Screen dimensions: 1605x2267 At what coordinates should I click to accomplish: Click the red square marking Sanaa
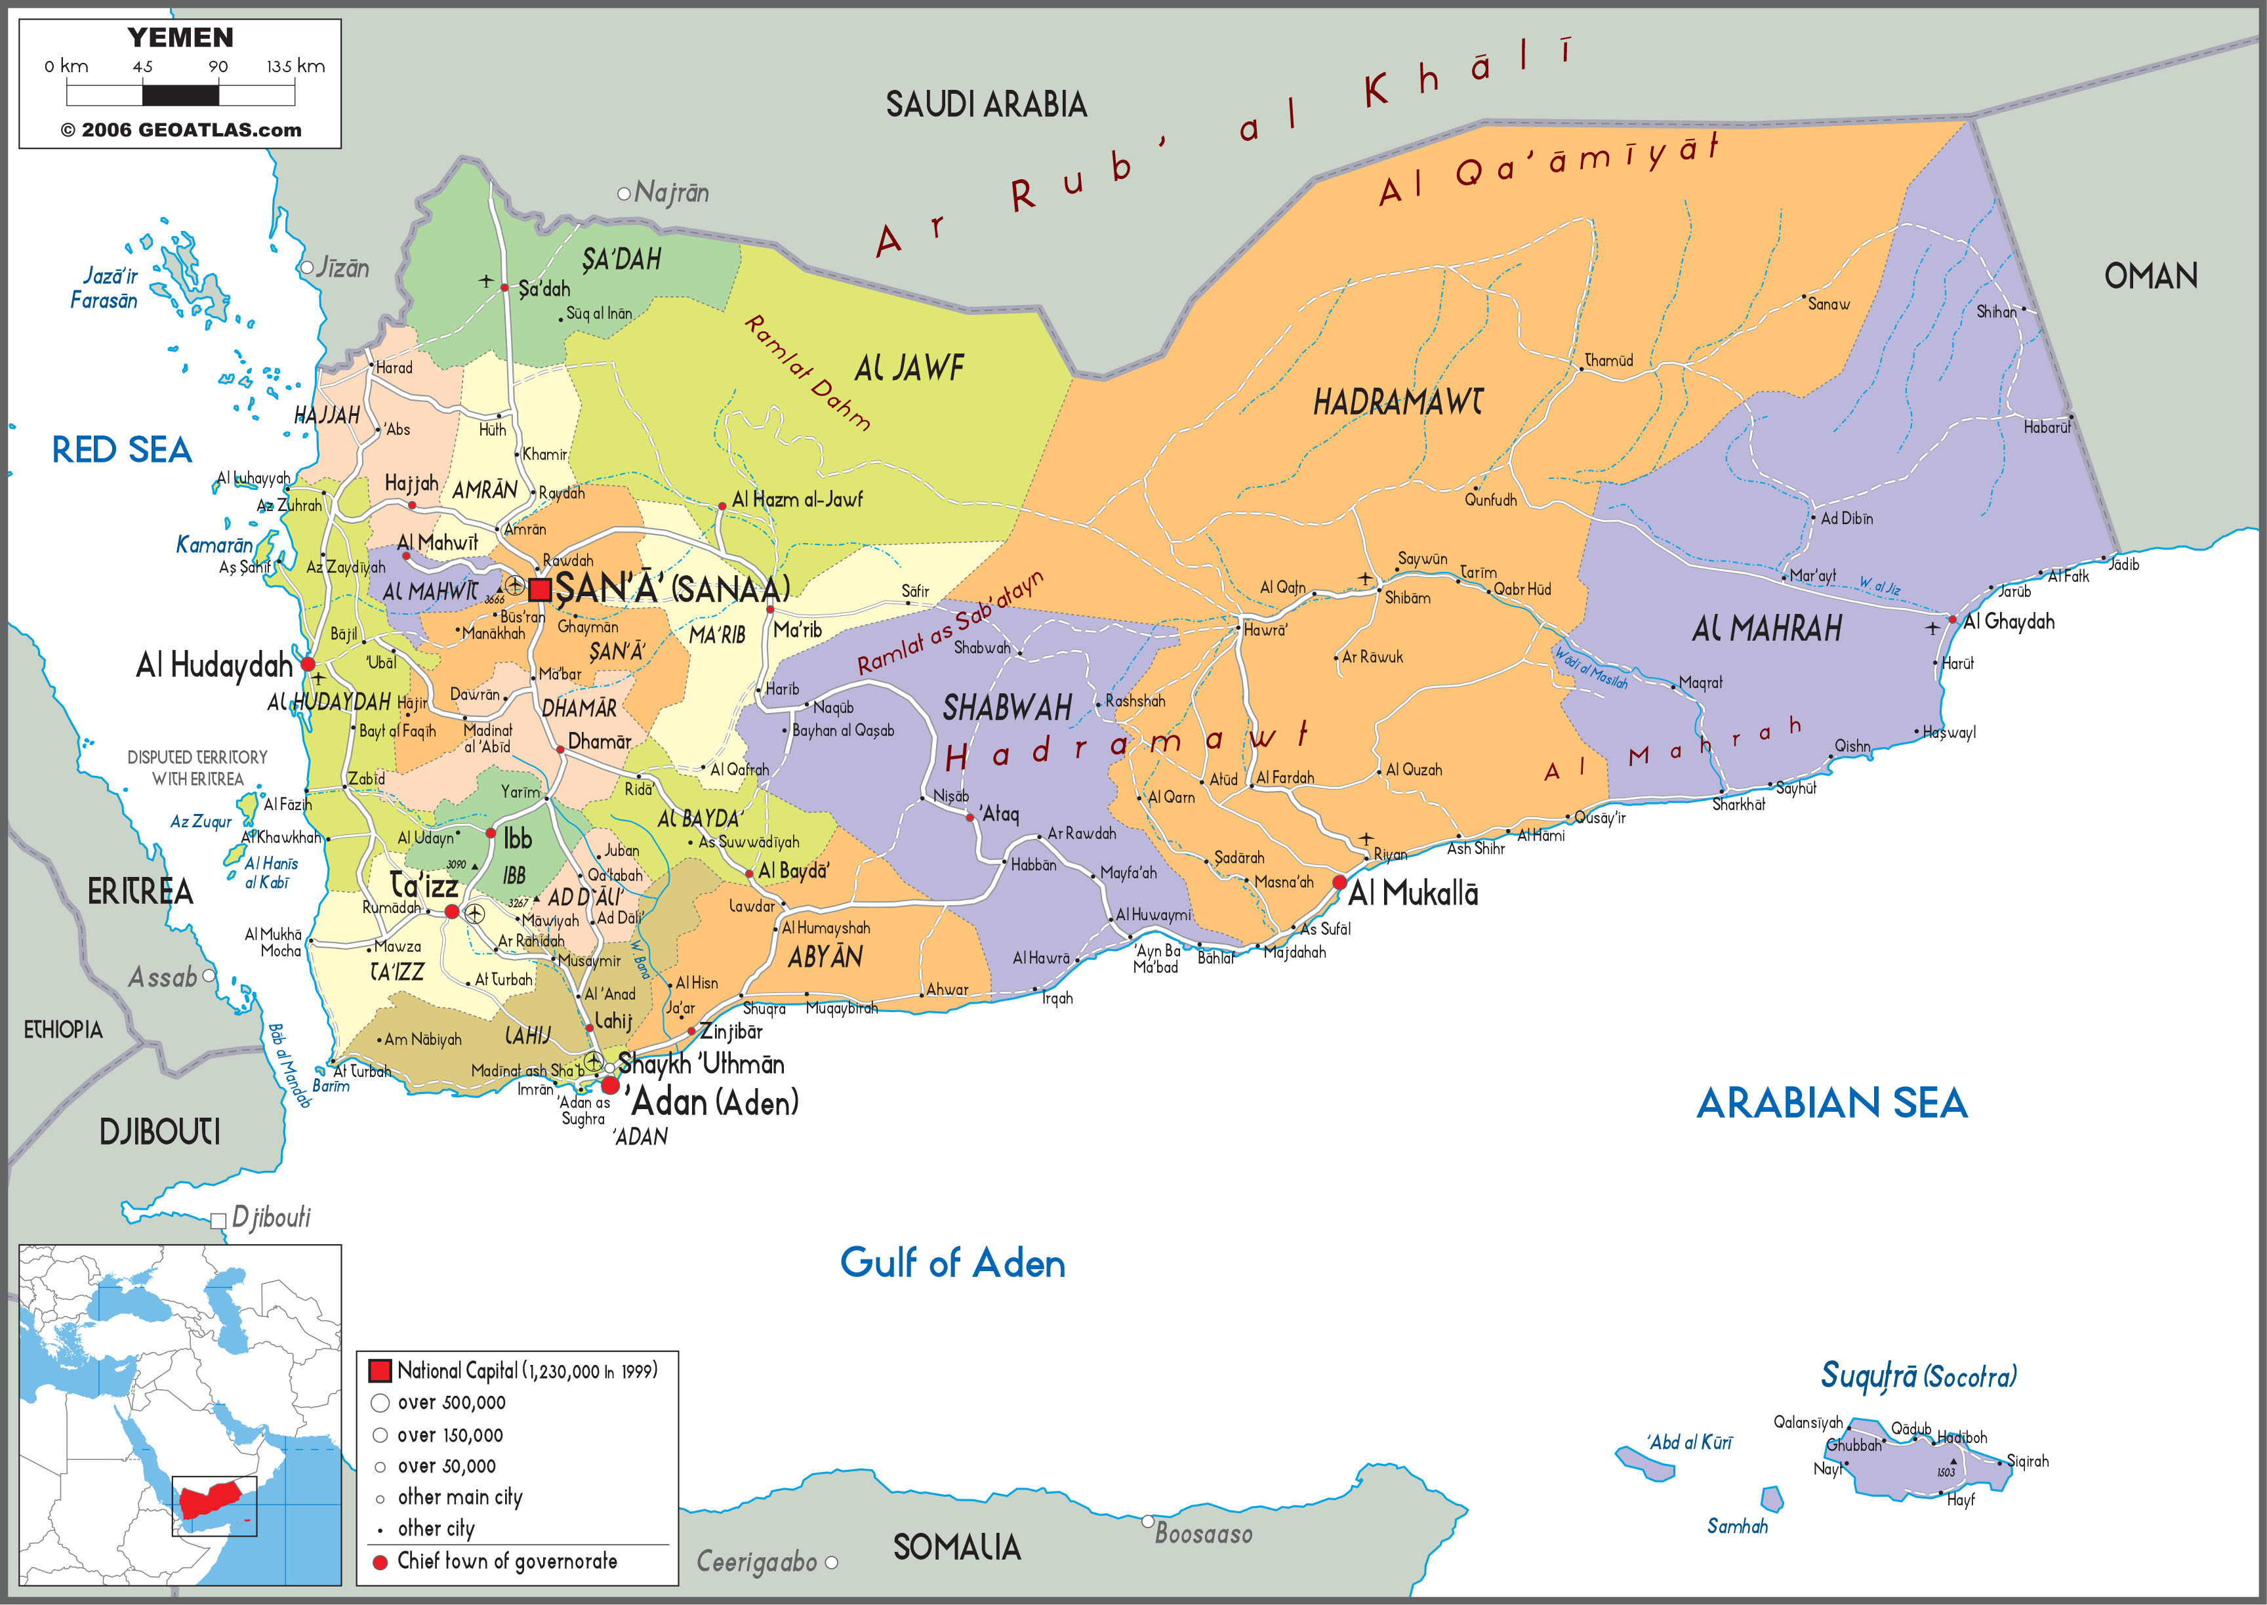(x=540, y=590)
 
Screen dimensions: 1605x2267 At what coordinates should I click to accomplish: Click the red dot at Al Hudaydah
(x=308, y=664)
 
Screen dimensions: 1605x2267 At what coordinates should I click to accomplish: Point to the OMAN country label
(x=2150, y=275)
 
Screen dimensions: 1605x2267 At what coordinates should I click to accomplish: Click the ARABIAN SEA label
(x=1831, y=1104)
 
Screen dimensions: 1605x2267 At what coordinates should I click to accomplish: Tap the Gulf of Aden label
(x=952, y=1263)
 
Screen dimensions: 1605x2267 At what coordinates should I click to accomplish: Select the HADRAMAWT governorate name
(x=1397, y=402)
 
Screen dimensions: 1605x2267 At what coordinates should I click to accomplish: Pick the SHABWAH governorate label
(x=1007, y=708)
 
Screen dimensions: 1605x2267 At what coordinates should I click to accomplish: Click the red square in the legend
(x=380, y=1371)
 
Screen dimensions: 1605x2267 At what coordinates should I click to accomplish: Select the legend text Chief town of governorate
(x=507, y=1562)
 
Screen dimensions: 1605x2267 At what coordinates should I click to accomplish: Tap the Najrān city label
(x=671, y=193)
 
